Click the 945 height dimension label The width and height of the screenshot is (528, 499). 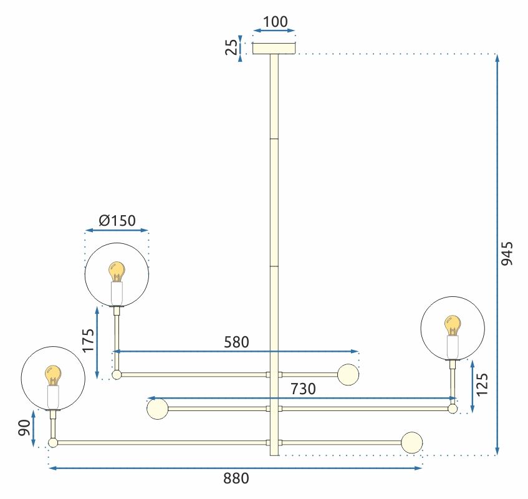[x=507, y=253]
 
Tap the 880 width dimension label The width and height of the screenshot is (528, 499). [x=236, y=478]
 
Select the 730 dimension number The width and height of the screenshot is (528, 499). [x=303, y=389]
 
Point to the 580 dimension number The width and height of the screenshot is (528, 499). [x=236, y=342]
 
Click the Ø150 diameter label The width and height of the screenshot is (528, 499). [x=117, y=221]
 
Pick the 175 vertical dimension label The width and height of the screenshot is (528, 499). [x=89, y=341]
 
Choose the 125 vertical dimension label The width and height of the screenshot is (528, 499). [x=481, y=384]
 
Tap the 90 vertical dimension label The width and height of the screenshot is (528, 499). [x=24, y=428]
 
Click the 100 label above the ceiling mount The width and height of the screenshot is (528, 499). [x=275, y=22]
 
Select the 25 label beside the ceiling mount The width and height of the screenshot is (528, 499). [x=231, y=47]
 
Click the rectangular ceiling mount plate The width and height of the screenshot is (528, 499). [x=274, y=48]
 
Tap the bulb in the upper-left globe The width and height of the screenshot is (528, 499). [x=117, y=271]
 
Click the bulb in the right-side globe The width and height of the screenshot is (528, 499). [x=453, y=326]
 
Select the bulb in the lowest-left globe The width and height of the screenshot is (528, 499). [x=53, y=375]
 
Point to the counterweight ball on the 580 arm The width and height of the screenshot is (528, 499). [x=348, y=374]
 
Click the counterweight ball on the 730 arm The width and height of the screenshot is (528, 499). [x=158, y=409]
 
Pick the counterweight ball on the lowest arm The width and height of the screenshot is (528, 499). [x=412, y=442]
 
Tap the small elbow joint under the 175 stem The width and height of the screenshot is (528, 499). [x=117, y=375]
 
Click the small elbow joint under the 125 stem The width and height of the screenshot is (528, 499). [x=453, y=409]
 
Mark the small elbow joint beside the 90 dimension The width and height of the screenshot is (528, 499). [x=53, y=443]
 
